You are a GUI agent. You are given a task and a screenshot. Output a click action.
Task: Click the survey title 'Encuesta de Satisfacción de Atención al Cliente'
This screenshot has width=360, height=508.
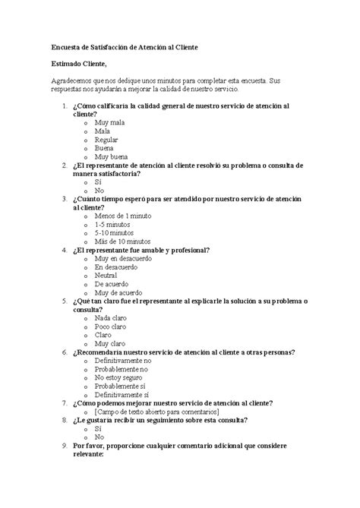[125, 46]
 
